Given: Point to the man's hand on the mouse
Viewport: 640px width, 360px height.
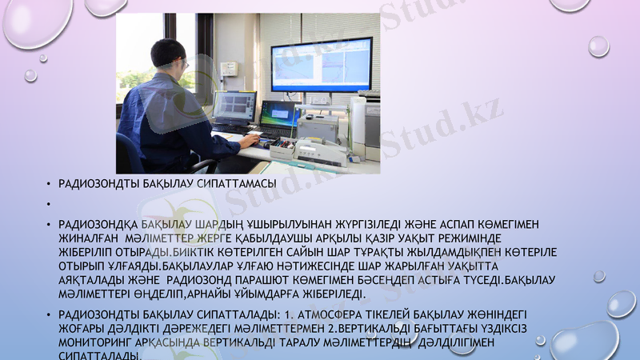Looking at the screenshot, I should click(x=250, y=141).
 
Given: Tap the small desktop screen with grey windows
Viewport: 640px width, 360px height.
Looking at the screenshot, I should click(x=234, y=106).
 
